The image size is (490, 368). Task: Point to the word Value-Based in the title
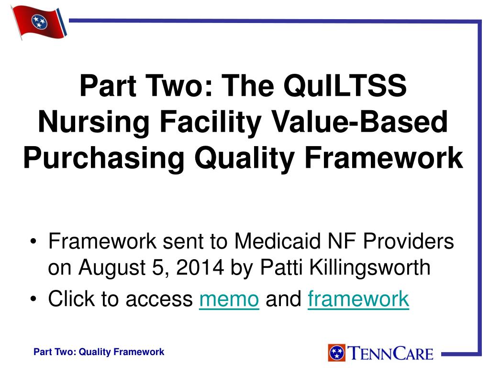[x=359, y=122]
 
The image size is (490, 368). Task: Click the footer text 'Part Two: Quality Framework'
[x=99, y=352]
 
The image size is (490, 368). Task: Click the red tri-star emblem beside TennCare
[x=337, y=353]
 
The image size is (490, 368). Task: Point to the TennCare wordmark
[x=390, y=353]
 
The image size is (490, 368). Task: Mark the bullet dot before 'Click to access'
[x=33, y=299]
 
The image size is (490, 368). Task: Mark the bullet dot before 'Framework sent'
[x=33, y=241]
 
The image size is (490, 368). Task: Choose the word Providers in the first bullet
[x=407, y=241]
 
